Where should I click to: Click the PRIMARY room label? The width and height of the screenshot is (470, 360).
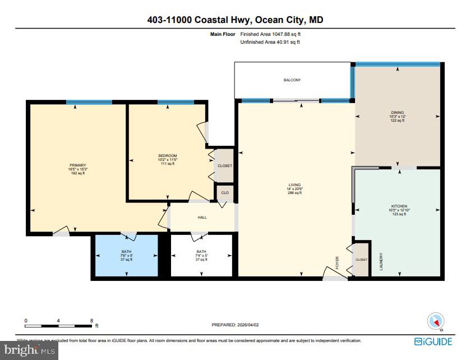coord(77,165)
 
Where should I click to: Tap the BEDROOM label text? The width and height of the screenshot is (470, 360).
coord(167,156)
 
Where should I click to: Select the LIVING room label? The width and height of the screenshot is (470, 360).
coord(294,185)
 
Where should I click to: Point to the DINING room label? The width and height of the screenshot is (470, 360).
coord(397,113)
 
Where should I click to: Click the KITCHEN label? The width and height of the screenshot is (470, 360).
coord(399,206)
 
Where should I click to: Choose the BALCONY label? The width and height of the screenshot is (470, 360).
coord(292,80)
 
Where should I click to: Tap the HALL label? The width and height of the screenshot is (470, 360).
coord(201,218)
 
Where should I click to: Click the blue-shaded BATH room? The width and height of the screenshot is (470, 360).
coord(126,255)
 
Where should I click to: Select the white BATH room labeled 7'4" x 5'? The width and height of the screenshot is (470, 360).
coord(201,255)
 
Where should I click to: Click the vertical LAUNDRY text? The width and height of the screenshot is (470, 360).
coord(381,262)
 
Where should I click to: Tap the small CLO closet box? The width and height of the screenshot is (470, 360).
coord(224,192)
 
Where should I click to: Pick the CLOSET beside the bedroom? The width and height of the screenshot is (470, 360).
coord(224,166)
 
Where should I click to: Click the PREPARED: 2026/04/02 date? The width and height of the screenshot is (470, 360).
coord(236,325)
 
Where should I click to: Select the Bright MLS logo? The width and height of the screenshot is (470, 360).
coord(29,350)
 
